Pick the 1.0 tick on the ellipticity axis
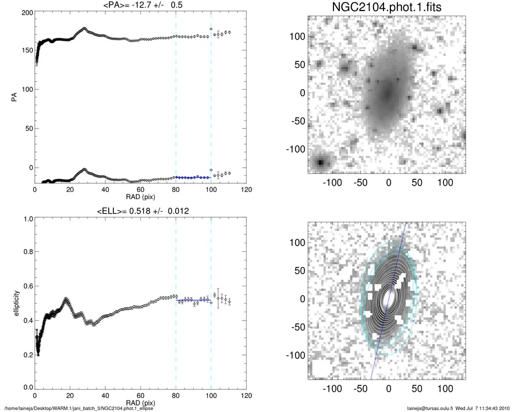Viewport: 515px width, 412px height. pyautogui.click(x=27, y=219)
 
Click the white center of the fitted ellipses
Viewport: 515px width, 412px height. pyautogui.click(x=388, y=296)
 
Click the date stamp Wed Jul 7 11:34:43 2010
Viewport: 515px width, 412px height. pyautogui.click(x=479, y=407)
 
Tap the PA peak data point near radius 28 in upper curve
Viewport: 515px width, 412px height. pyautogui.click(x=84, y=28)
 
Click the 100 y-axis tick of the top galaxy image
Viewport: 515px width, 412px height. pyautogui.click(x=297, y=36)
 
